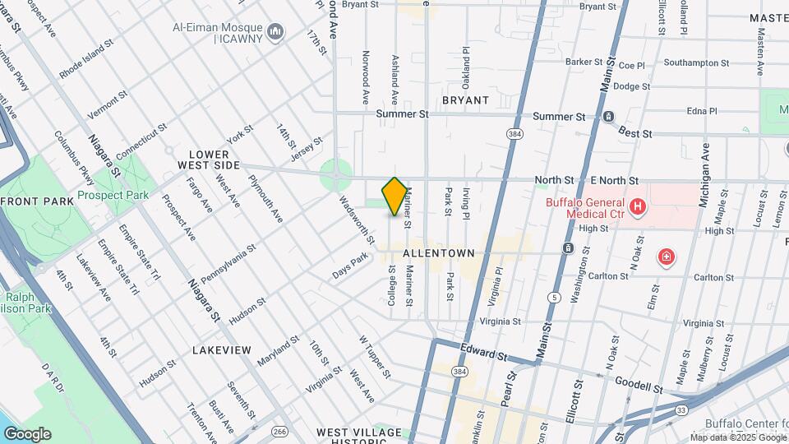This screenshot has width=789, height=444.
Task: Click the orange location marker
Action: [394, 197]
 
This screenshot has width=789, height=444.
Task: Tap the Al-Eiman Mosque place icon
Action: [275, 32]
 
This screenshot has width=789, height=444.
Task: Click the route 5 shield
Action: [556, 297]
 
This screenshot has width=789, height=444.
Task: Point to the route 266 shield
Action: [280, 430]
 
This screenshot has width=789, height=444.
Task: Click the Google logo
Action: [27, 434]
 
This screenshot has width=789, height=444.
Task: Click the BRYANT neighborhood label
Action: [465, 100]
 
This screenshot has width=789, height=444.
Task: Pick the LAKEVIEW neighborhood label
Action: [221, 350]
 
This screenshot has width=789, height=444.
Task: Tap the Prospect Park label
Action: [113, 196]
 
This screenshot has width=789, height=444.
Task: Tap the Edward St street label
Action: [483, 353]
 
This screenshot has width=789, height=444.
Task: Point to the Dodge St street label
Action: [631, 86]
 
